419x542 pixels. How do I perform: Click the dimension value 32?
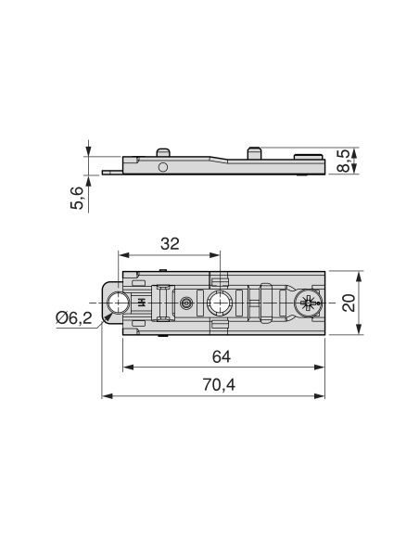coord(170,244)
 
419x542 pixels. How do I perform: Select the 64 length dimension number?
coord(222,356)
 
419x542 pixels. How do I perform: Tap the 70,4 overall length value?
coord(219,385)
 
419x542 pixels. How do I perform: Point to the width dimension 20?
coord(349,303)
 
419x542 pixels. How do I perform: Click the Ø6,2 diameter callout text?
coord(74,317)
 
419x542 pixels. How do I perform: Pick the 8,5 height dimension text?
coord(343,161)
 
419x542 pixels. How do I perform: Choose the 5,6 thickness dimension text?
coord(77,198)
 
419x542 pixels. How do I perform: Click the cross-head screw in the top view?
coord(308,303)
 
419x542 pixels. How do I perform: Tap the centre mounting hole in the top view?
coord(219,303)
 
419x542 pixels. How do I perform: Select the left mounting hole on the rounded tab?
coord(118,303)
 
